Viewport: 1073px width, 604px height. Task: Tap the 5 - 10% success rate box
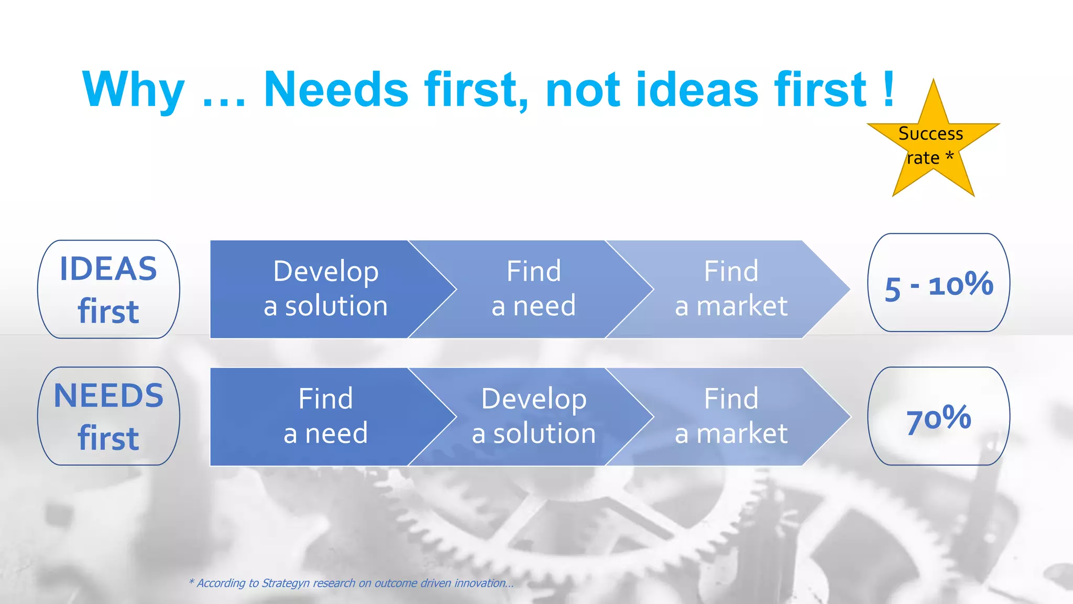pos(938,283)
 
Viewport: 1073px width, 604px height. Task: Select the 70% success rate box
pos(938,416)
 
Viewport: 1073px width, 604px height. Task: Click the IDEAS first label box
pos(108,289)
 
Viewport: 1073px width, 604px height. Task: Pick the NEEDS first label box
pos(108,416)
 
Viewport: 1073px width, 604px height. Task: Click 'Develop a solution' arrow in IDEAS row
pos(325,289)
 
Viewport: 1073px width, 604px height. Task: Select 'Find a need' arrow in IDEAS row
pos(533,289)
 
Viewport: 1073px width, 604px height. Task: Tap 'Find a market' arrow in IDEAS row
pos(731,289)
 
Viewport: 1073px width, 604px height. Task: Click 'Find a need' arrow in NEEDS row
pos(325,416)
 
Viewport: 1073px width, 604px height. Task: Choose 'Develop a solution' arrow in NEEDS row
pos(533,416)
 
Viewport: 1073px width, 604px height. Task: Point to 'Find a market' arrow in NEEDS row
pos(731,416)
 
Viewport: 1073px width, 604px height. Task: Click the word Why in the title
pos(134,90)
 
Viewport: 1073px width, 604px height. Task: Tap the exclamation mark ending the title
pos(888,89)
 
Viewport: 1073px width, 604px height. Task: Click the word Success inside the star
pos(930,134)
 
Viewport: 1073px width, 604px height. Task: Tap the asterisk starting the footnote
pos(191,581)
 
